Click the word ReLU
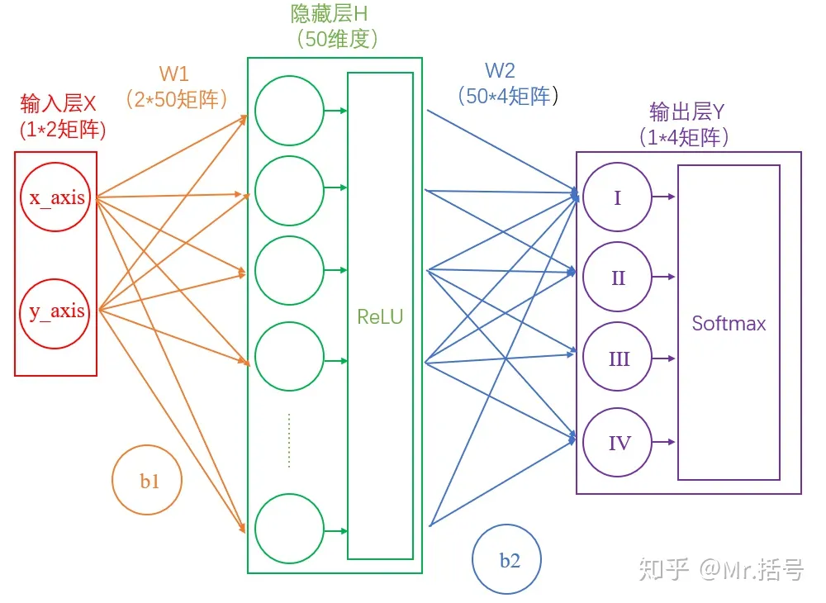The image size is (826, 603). click(x=380, y=316)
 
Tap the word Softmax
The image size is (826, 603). click(x=729, y=323)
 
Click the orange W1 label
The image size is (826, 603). click(x=173, y=74)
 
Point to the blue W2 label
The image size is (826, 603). click(x=500, y=70)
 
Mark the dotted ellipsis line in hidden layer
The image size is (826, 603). click(x=288, y=440)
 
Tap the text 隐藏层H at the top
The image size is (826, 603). click(x=330, y=14)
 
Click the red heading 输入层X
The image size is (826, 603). click(x=59, y=104)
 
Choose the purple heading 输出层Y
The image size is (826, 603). click(x=687, y=112)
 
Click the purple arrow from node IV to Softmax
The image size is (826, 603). click(x=664, y=442)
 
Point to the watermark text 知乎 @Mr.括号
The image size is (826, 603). click(x=721, y=570)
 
